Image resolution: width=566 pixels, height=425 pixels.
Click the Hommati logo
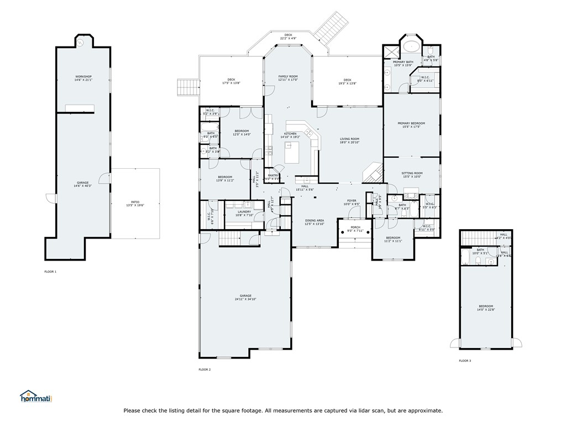pyautogui.click(x=35, y=396)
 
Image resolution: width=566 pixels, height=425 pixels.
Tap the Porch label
pyautogui.click(x=355, y=227)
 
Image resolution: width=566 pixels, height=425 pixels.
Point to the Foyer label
pyautogui.click(x=352, y=202)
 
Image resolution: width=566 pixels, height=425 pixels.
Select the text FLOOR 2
pyautogui.click(x=205, y=369)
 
